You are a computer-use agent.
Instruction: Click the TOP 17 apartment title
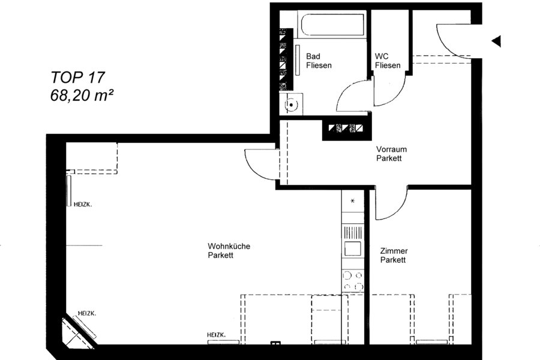coord(77,77)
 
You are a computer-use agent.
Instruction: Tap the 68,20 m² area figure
coord(82,95)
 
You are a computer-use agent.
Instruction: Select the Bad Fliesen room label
coord(319,61)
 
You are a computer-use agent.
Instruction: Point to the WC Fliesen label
coord(388,61)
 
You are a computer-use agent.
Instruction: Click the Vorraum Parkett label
coord(391,154)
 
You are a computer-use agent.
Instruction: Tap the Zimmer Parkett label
coord(394,255)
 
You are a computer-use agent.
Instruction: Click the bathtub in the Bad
coord(332,24)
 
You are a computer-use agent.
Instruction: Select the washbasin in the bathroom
coord(291,104)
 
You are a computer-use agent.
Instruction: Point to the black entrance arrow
coord(496,41)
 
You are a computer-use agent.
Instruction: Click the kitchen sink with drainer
coord(353,241)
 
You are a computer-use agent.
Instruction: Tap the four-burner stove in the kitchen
coord(353,281)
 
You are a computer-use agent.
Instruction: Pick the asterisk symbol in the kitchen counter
coord(352,201)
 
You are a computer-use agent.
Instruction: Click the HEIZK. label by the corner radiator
coord(87,313)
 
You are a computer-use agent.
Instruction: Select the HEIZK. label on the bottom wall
coord(216,335)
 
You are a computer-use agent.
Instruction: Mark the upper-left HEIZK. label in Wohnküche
coord(83,204)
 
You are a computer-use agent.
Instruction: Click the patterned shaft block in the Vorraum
coord(347,130)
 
